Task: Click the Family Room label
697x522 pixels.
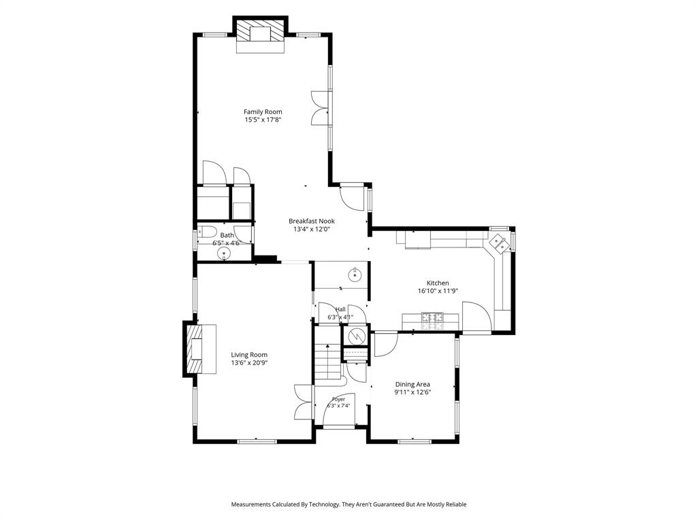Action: (x=263, y=112)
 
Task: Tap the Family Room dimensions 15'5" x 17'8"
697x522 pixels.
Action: (x=263, y=120)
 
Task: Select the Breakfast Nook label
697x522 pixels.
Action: (x=312, y=221)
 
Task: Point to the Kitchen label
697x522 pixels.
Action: (x=438, y=283)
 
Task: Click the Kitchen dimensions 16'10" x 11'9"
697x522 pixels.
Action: (x=438, y=291)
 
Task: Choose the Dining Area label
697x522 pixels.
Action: (x=413, y=385)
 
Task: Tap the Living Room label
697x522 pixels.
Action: (x=249, y=355)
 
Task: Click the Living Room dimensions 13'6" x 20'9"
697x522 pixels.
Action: (x=249, y=363)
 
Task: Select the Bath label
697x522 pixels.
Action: (x=227, y=235)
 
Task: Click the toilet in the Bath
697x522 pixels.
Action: (x=207, y=232)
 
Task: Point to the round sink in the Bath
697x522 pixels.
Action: (x=223, y=254)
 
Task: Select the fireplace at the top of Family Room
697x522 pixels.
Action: (x=260, y=35)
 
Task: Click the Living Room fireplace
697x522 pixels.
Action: (x=201, y=349)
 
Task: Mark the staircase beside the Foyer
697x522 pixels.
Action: (x=328, y=360)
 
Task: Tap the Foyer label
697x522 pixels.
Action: (x=339, y=400)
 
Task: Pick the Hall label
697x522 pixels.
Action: (x=340, y=309)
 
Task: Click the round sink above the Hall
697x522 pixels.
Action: (x=355, y=275)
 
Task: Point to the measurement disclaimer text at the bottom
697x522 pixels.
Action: (x=348, y=504)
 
